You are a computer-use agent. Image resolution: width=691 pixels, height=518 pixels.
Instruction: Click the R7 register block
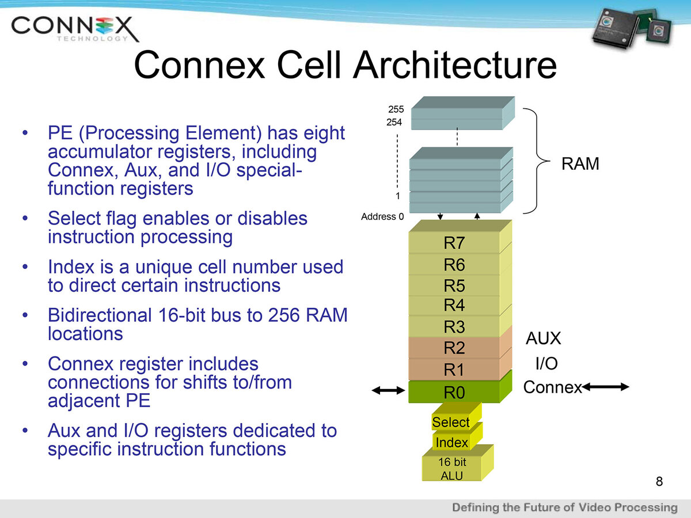pyautogui.click(x=454, y=243)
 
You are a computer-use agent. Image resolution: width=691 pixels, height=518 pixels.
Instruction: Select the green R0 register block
pyautogui.click(x=454, y=393)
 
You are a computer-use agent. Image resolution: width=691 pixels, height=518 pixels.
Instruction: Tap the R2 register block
pyautogui.click(x=454, y=348)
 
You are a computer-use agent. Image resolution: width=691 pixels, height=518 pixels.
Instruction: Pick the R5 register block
pyautogui.click(x=454, y=285)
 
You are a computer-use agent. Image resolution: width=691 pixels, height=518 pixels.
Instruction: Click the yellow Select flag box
pyautogui.click(x=451, y=422)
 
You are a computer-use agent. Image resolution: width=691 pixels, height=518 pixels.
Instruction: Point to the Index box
pyautogui.click(x=452, y=442)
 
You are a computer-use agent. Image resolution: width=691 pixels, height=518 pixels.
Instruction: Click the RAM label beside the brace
pyautogui.click(x=580, y=164)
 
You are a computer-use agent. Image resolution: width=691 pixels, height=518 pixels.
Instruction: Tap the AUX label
pyautogui.click(x=544, y=338)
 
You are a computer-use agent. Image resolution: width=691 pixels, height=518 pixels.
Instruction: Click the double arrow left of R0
pyautogui.click(x=389, y=391)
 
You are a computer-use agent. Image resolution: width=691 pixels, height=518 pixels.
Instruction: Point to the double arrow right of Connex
pyautogui.click(x=606, y=388)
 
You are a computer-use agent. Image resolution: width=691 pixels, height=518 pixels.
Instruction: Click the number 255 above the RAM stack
pyautogui.click(x=396, y=109)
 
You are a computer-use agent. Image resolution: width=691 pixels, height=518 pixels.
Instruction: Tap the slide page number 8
pyautogui.click(x=659, y=481)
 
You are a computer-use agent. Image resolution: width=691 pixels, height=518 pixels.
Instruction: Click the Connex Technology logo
pyautogui.click(x=75, y=28)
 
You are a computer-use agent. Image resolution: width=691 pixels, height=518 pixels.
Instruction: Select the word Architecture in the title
pyautogui.click(x=455, y=66)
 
